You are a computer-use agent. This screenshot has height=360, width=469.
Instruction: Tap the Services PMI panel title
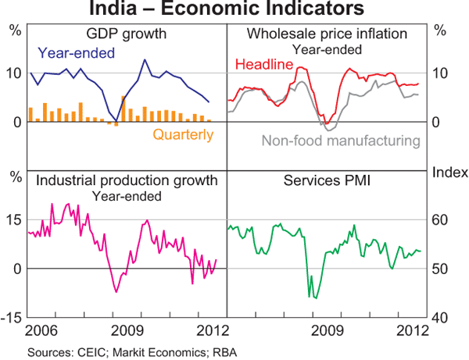(328, 181)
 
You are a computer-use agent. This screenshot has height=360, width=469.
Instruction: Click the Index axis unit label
(449, 172)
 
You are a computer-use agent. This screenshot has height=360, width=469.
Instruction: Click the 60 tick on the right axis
(441, 219)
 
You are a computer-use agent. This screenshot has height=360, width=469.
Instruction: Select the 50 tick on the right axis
(441, 269)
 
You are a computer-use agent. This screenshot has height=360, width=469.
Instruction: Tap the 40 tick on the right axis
(441, 317)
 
